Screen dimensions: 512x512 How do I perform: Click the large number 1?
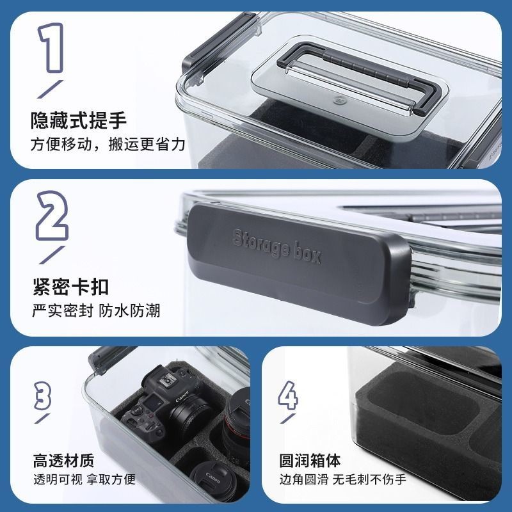[51, 47]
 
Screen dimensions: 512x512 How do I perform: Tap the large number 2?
[52, 216]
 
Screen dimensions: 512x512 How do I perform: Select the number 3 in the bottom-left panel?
[43, 396]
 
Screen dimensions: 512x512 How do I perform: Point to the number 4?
[288, 395]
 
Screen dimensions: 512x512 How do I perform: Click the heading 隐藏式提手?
[78, 120]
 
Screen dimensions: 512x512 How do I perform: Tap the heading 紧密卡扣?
[70, 287]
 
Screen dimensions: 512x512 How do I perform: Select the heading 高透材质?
[63, 460]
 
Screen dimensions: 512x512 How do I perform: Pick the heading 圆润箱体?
[310, 460]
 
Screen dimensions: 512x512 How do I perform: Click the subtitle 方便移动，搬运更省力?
[108, 145]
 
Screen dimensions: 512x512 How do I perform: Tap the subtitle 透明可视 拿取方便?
[84, 479]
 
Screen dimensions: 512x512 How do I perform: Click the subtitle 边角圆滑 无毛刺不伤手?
[343, 479]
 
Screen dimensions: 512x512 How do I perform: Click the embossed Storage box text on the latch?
[277, 246]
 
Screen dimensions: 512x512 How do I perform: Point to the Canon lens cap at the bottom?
[214, 480]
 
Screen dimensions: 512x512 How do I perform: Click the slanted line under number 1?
[51, 89]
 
